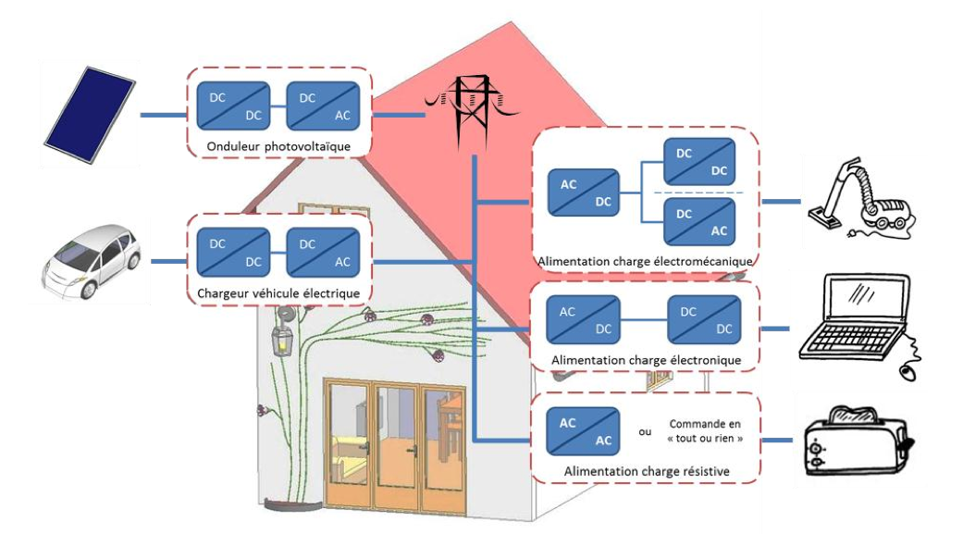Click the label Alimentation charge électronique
[x=645, y=359]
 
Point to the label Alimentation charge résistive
[x=646, y=472]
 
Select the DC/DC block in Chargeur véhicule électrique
[x=233, y=252]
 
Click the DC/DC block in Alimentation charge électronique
[x=702, y=320]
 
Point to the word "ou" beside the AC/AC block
[x=645, y=432]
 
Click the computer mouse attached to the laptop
[x=907, y=373]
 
